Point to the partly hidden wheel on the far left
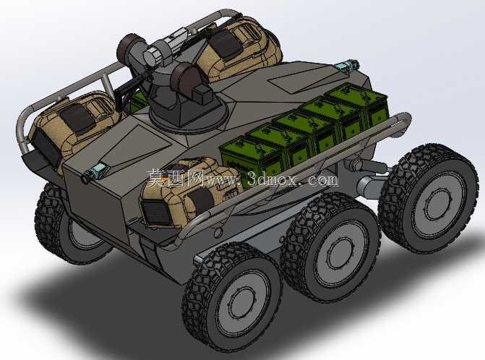(62, 223)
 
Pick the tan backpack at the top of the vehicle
(239, 48)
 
